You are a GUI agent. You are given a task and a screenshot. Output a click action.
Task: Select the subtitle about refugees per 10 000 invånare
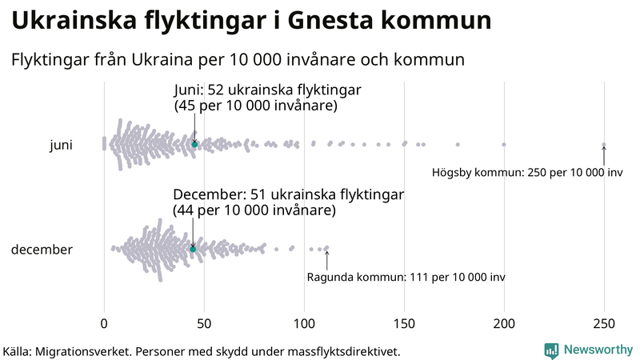coord(238,60)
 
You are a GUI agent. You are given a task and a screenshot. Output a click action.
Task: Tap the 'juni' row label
coord(61,145)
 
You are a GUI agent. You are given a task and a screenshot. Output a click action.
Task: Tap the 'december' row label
coord(42,250)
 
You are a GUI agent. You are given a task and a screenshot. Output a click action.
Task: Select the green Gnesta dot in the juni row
coord(194,144)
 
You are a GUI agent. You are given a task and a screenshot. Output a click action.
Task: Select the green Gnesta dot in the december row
coord(193,250)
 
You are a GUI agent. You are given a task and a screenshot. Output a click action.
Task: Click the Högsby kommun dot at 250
coord(604,145)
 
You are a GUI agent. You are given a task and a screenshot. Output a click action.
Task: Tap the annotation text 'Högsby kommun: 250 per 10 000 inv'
coord(526,173)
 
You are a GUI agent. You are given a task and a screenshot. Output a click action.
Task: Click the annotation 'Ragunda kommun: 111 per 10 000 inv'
coord(406,278)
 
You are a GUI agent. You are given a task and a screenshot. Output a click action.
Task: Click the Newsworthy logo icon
coord(551,350)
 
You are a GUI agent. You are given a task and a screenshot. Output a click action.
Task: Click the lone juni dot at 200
coord(504,145)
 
